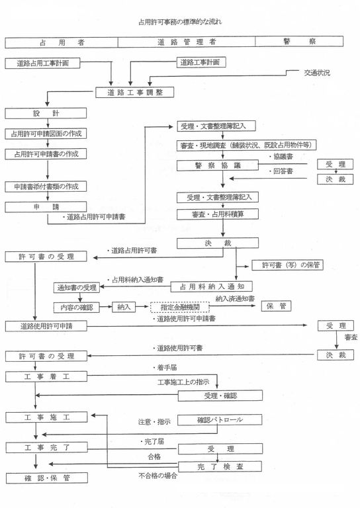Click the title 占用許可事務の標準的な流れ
[180, 22]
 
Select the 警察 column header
[298, 42]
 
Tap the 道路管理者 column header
[186, 42]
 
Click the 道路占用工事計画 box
[48, 63]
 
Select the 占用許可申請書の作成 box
[45, 153]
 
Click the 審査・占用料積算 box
[217, 214]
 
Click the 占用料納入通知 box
[213, 286]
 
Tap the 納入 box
[127, 308]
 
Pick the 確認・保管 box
[48, 478]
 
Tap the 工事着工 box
[48, 376]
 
